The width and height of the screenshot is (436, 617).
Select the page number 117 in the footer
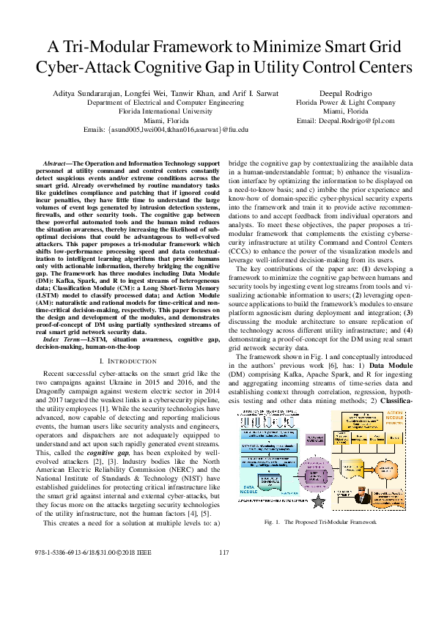point(225,593)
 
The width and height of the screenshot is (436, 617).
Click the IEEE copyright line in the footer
point(88,593)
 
